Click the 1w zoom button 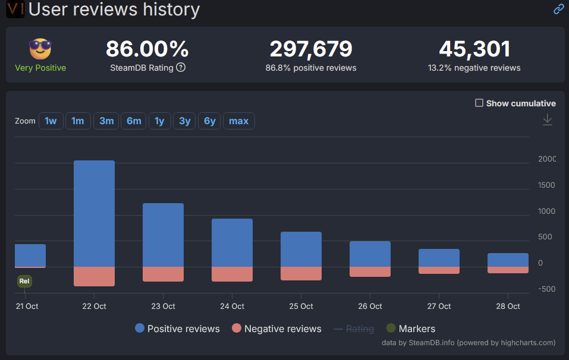(51, 121)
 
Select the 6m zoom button (134, 121)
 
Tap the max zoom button (238, 121)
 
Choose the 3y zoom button (185, 121)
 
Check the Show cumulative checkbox (479, 103)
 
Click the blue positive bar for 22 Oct (94, 214)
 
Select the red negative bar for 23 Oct (163, 274)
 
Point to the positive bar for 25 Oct (301, 250)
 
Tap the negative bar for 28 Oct (508, 270)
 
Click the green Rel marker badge (24, 281)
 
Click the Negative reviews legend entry (276, 329)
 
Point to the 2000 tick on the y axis (546, 159)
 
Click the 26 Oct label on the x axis (370, 307)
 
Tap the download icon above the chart (548, 120)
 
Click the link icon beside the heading (558, 9)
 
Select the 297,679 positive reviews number (311, 49)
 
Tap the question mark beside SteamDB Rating (181, 68)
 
